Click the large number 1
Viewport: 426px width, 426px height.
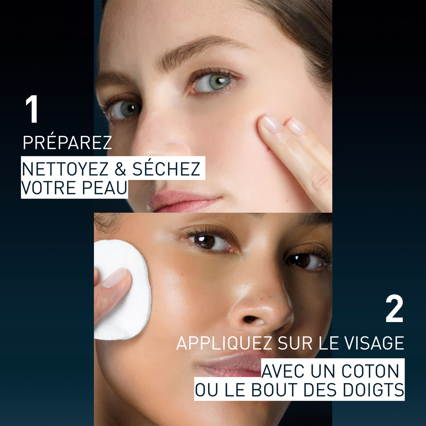[x=32, y=109]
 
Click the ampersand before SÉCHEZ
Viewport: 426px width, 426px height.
[x=120, y=170]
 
